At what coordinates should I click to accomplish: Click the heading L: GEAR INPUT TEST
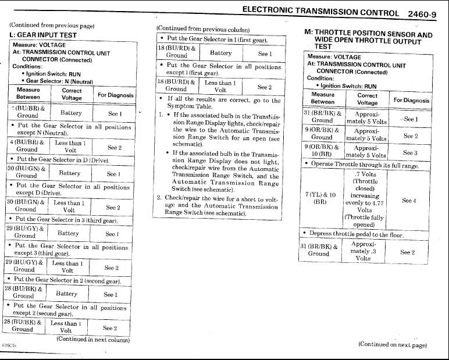(44, 35)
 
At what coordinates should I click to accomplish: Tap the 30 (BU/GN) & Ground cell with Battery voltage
(26, 172)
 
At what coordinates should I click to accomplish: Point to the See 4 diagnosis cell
(409, 201)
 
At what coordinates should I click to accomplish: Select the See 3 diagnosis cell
(410, 153)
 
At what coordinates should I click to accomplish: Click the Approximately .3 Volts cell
(366, 250)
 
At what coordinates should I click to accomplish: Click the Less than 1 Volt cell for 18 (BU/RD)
(219, 86)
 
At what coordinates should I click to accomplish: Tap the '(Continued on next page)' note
(393, 344)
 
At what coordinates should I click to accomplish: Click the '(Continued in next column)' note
(93, 340)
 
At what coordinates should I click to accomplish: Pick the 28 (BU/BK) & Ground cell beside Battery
(26, 292)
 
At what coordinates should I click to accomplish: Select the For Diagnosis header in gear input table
(115, 94)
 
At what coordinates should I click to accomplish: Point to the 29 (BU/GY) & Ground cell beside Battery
(26, 232)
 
